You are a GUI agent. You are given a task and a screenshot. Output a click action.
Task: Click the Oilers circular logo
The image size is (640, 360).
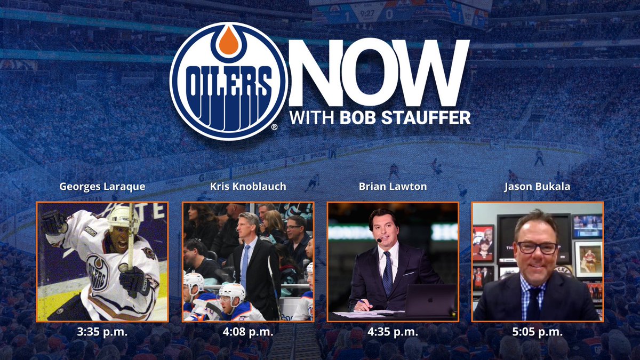click(x=228, y=81)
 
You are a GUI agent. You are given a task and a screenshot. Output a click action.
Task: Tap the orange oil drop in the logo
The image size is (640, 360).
click(x=228, y=42)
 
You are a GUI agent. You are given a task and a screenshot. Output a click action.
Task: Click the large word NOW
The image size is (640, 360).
click(x=379, y=73)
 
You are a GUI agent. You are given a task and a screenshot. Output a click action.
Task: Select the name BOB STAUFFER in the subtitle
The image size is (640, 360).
click(x=405, y=117)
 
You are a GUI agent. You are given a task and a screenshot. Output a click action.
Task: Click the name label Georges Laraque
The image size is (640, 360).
click(x=102, y=187)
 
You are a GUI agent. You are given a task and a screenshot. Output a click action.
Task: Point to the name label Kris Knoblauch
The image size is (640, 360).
click(x=248, y=187)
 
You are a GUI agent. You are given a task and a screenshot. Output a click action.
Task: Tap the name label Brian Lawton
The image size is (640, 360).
click(x=393, y=187)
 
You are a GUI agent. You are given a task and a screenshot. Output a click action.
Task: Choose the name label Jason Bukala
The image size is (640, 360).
click(x=538, y=187)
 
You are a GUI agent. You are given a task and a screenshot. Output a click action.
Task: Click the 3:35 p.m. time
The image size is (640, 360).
click(x=102, y=332)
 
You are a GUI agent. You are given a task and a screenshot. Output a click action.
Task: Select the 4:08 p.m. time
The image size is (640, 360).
click(x=248, y=332)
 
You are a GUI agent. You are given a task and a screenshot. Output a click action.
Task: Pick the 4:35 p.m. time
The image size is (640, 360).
click(x=393, y=332)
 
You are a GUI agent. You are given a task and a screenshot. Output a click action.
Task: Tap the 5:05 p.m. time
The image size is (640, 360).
click(x=538, y=332)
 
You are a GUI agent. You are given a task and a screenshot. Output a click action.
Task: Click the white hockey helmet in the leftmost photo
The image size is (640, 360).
click(x=122, y=218)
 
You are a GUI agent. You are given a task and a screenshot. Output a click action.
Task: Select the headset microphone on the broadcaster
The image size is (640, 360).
click(x=379, y=241)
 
